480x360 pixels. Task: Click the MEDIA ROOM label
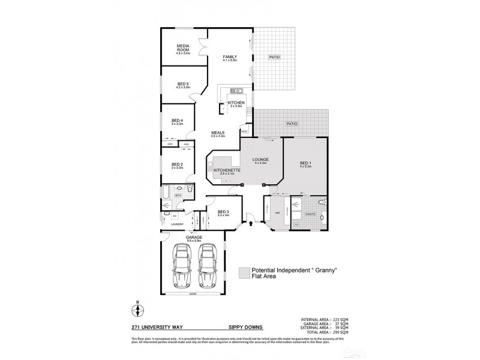[183, 47]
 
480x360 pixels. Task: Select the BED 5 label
[183, 84]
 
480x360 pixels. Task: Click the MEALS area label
[217, 133]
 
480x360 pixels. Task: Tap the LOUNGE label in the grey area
[260, 159]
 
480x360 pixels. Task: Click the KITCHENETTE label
[227, 170]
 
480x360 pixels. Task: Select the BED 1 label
[305, 163]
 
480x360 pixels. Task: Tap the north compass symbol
[137, 310]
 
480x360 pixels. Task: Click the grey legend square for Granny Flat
[243, 273]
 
